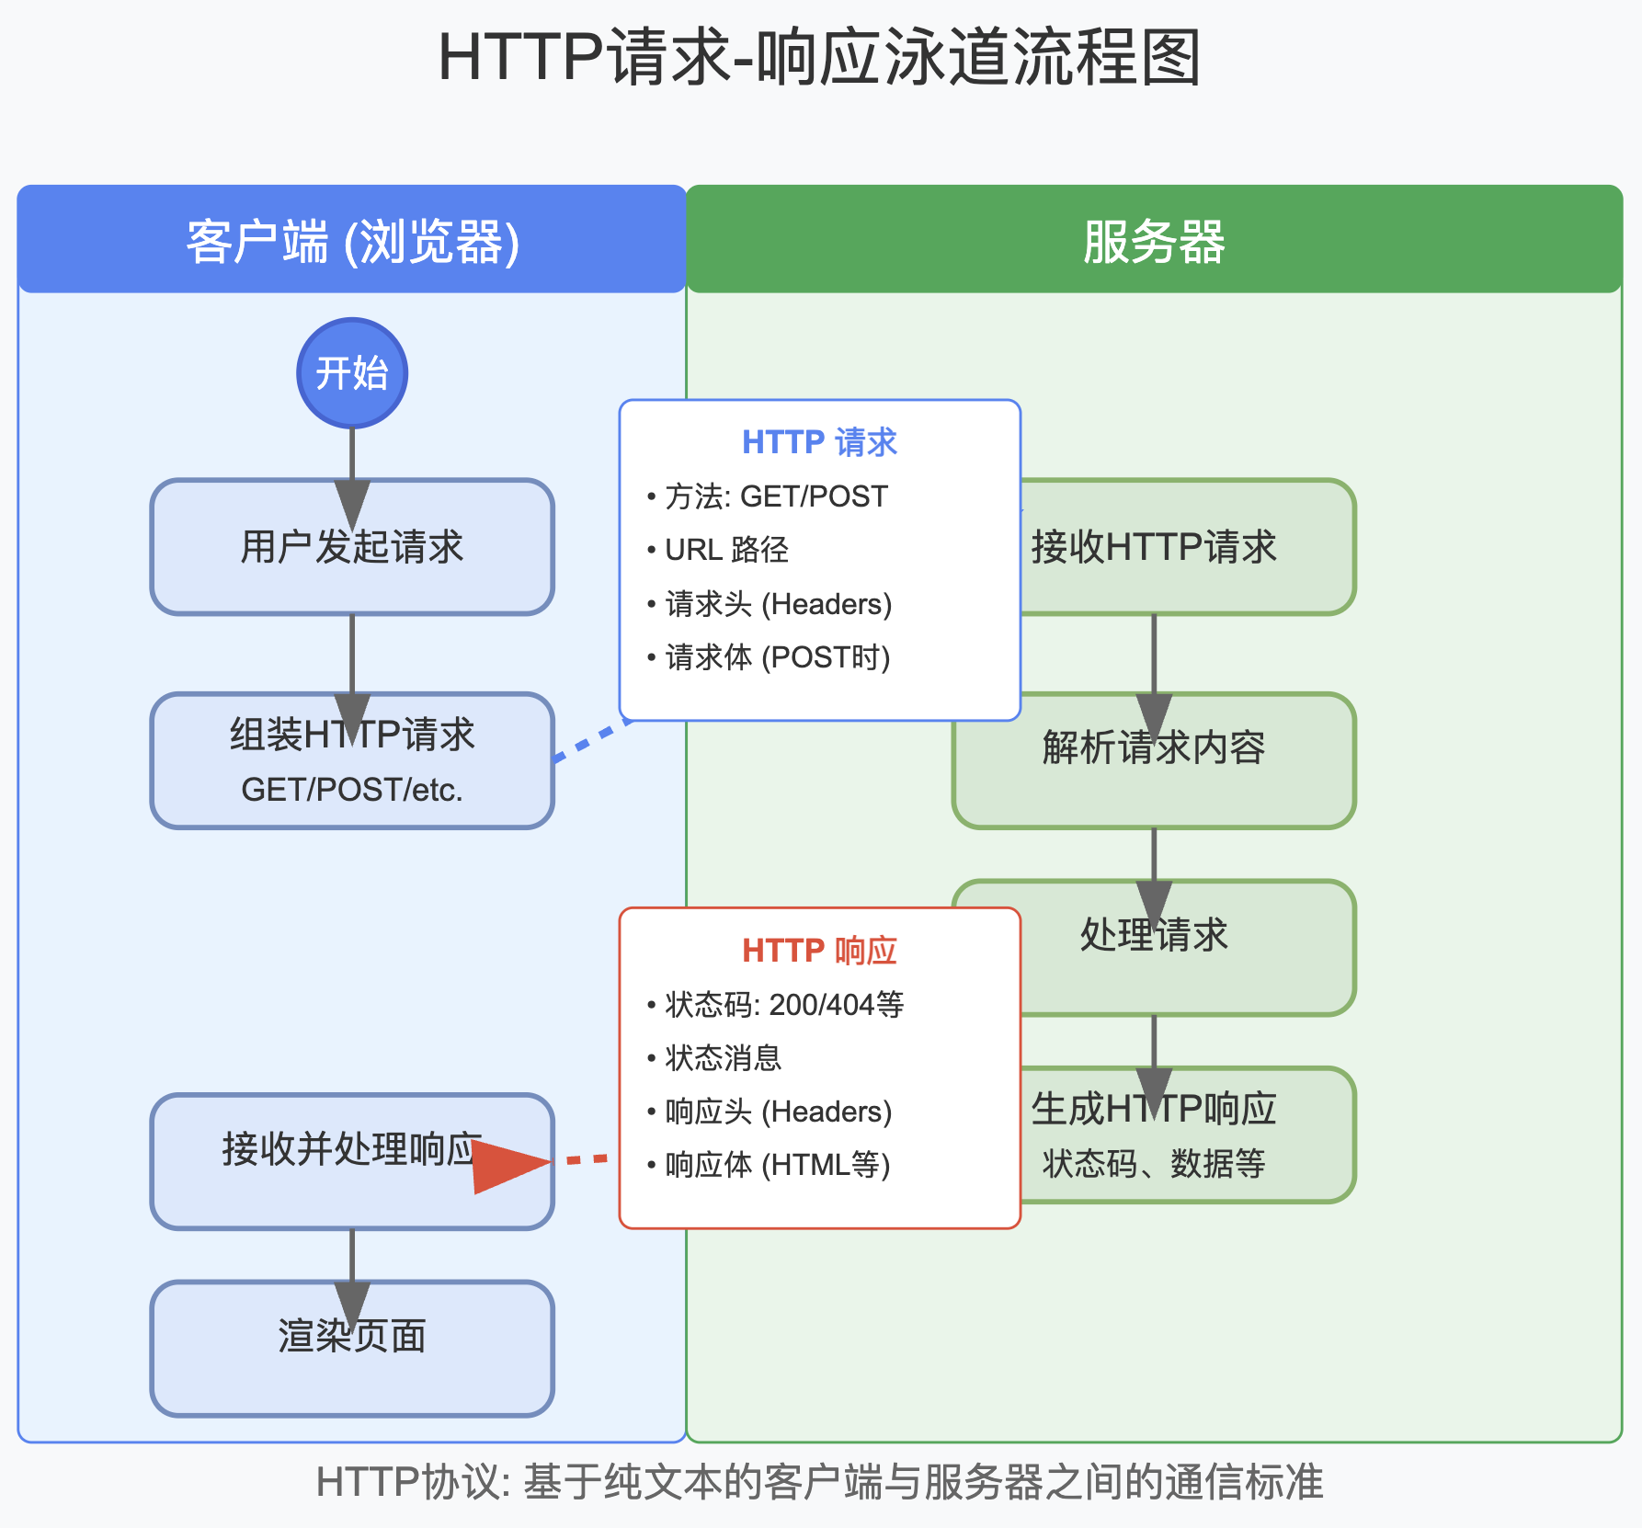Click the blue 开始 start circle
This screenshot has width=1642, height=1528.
click(x=352, y=373)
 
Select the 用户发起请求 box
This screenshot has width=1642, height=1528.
click(x=352, y=547)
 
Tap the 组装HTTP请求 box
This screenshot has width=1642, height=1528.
click(x=352, y=761)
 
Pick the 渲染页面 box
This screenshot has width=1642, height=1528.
click(x=352, y=1349)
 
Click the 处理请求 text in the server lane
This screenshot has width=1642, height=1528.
click(x=1155, y=935)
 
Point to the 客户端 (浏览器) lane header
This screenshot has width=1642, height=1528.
click(x=352, y=241)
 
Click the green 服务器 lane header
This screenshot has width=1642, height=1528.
click(x=1154, y=241)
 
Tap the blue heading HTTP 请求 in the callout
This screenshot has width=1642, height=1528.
click(x=819, y=442)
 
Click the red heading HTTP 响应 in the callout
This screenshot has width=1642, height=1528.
click(x=819, y=951)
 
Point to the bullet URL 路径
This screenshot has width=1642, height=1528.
click(x=726, y=550)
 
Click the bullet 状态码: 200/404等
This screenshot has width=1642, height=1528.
click(x=784, y=1005)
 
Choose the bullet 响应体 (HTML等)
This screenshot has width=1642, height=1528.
click(x=777, y=1165)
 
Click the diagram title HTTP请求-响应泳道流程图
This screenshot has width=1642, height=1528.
click(x=820, y=57)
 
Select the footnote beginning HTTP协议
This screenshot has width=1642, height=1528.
click(x=820, y=1482)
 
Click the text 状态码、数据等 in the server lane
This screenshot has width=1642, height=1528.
click(x=1154, y=1164)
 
